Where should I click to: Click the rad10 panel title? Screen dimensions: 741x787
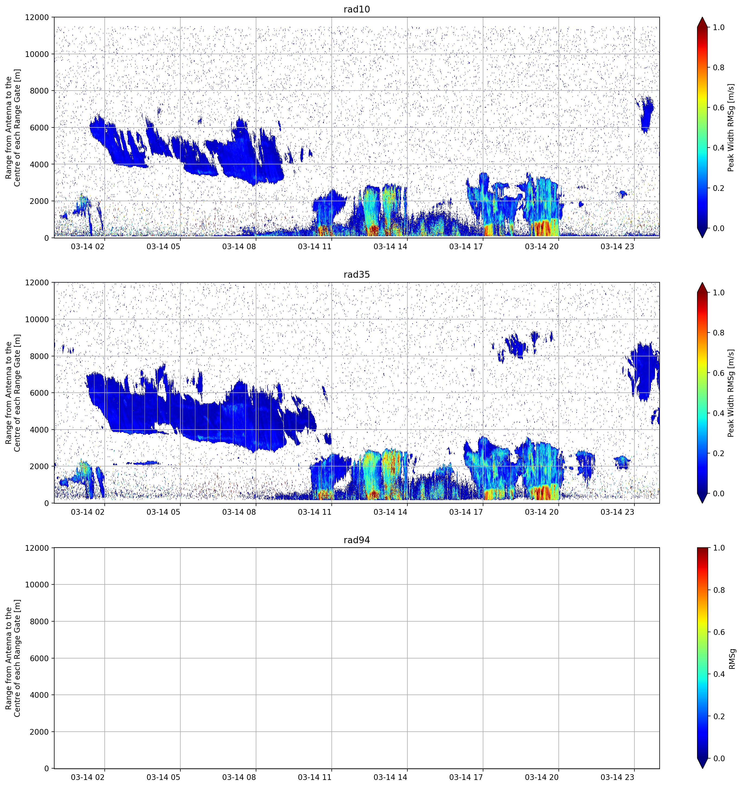[357, 9]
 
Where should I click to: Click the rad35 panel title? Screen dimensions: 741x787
[357, 274]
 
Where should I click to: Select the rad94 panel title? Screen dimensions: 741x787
[357, 540]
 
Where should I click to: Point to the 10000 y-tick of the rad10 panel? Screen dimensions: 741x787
[37, 54]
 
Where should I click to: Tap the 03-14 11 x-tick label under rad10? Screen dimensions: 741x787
[314, 247]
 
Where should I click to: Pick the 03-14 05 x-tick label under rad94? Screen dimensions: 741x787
[163, 778]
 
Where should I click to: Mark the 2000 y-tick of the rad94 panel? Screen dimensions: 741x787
[39, 732]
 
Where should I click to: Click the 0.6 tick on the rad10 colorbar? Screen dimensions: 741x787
[718, 108]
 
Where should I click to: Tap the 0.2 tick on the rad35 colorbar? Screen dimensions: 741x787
[718, 453]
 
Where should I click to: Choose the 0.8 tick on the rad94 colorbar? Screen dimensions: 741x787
[718, 590]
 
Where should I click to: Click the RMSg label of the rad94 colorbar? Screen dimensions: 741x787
[732, 659]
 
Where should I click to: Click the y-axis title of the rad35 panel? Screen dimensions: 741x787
[13, 393]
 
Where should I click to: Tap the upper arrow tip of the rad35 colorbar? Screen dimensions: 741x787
[702, 283]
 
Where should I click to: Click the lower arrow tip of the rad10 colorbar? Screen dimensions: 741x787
[702, 238]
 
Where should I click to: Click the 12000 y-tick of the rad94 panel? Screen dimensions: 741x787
[37, 548]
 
